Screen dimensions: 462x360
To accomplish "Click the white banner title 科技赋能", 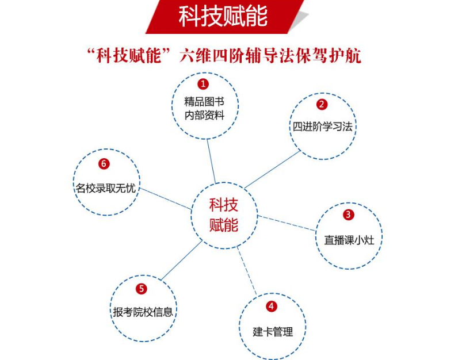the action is click(x=223, y=16).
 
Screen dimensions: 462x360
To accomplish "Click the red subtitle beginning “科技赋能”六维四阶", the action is click(x=224, y=55).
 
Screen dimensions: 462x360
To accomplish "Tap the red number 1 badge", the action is click(x=203, y=84).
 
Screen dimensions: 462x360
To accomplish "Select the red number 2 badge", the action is click(x=322, y=104).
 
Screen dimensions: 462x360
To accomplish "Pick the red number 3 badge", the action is click(x=348, y=215).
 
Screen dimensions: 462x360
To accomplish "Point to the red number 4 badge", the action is click(x=272, y=307).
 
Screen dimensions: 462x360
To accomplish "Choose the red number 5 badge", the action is click(x=142, y=289).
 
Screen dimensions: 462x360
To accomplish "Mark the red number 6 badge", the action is click(x=104, y=164).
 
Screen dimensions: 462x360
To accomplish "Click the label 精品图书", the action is click(x=204, y=102).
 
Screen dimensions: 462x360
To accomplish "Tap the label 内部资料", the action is click(x=204, y=115).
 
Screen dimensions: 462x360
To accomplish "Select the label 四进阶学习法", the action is click(x=323, y=127).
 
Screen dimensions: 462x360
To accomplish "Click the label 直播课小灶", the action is click(x=349, y=240).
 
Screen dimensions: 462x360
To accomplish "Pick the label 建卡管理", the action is click(x=273, y=332).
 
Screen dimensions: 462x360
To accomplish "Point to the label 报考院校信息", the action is click(x=143, y=312).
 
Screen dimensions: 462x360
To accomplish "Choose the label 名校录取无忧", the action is click(x=106, y=188).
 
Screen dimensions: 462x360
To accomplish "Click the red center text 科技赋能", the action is click(x=224, y=215).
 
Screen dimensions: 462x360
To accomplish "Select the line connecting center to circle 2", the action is click(x=273, y=170).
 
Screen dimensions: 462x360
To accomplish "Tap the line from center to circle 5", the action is click(x=182, y=260).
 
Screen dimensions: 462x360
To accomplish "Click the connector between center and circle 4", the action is click(x=247, y=271).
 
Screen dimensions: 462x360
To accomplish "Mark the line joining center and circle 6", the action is click(x=166, y=198).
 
